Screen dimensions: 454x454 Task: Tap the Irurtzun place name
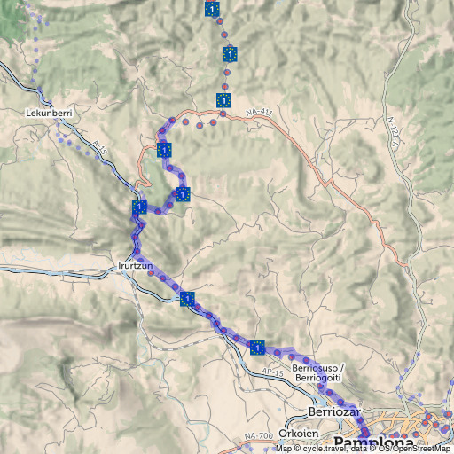(136, 265)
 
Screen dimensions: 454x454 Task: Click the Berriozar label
(331, 412)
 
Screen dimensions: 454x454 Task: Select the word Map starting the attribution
(284, 449)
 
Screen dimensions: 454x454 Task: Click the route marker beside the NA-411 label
(223, 100)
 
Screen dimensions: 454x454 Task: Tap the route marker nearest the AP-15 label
(257, 348)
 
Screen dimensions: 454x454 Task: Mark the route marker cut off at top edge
(212, 8)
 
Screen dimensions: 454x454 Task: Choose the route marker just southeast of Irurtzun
(187, 298)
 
